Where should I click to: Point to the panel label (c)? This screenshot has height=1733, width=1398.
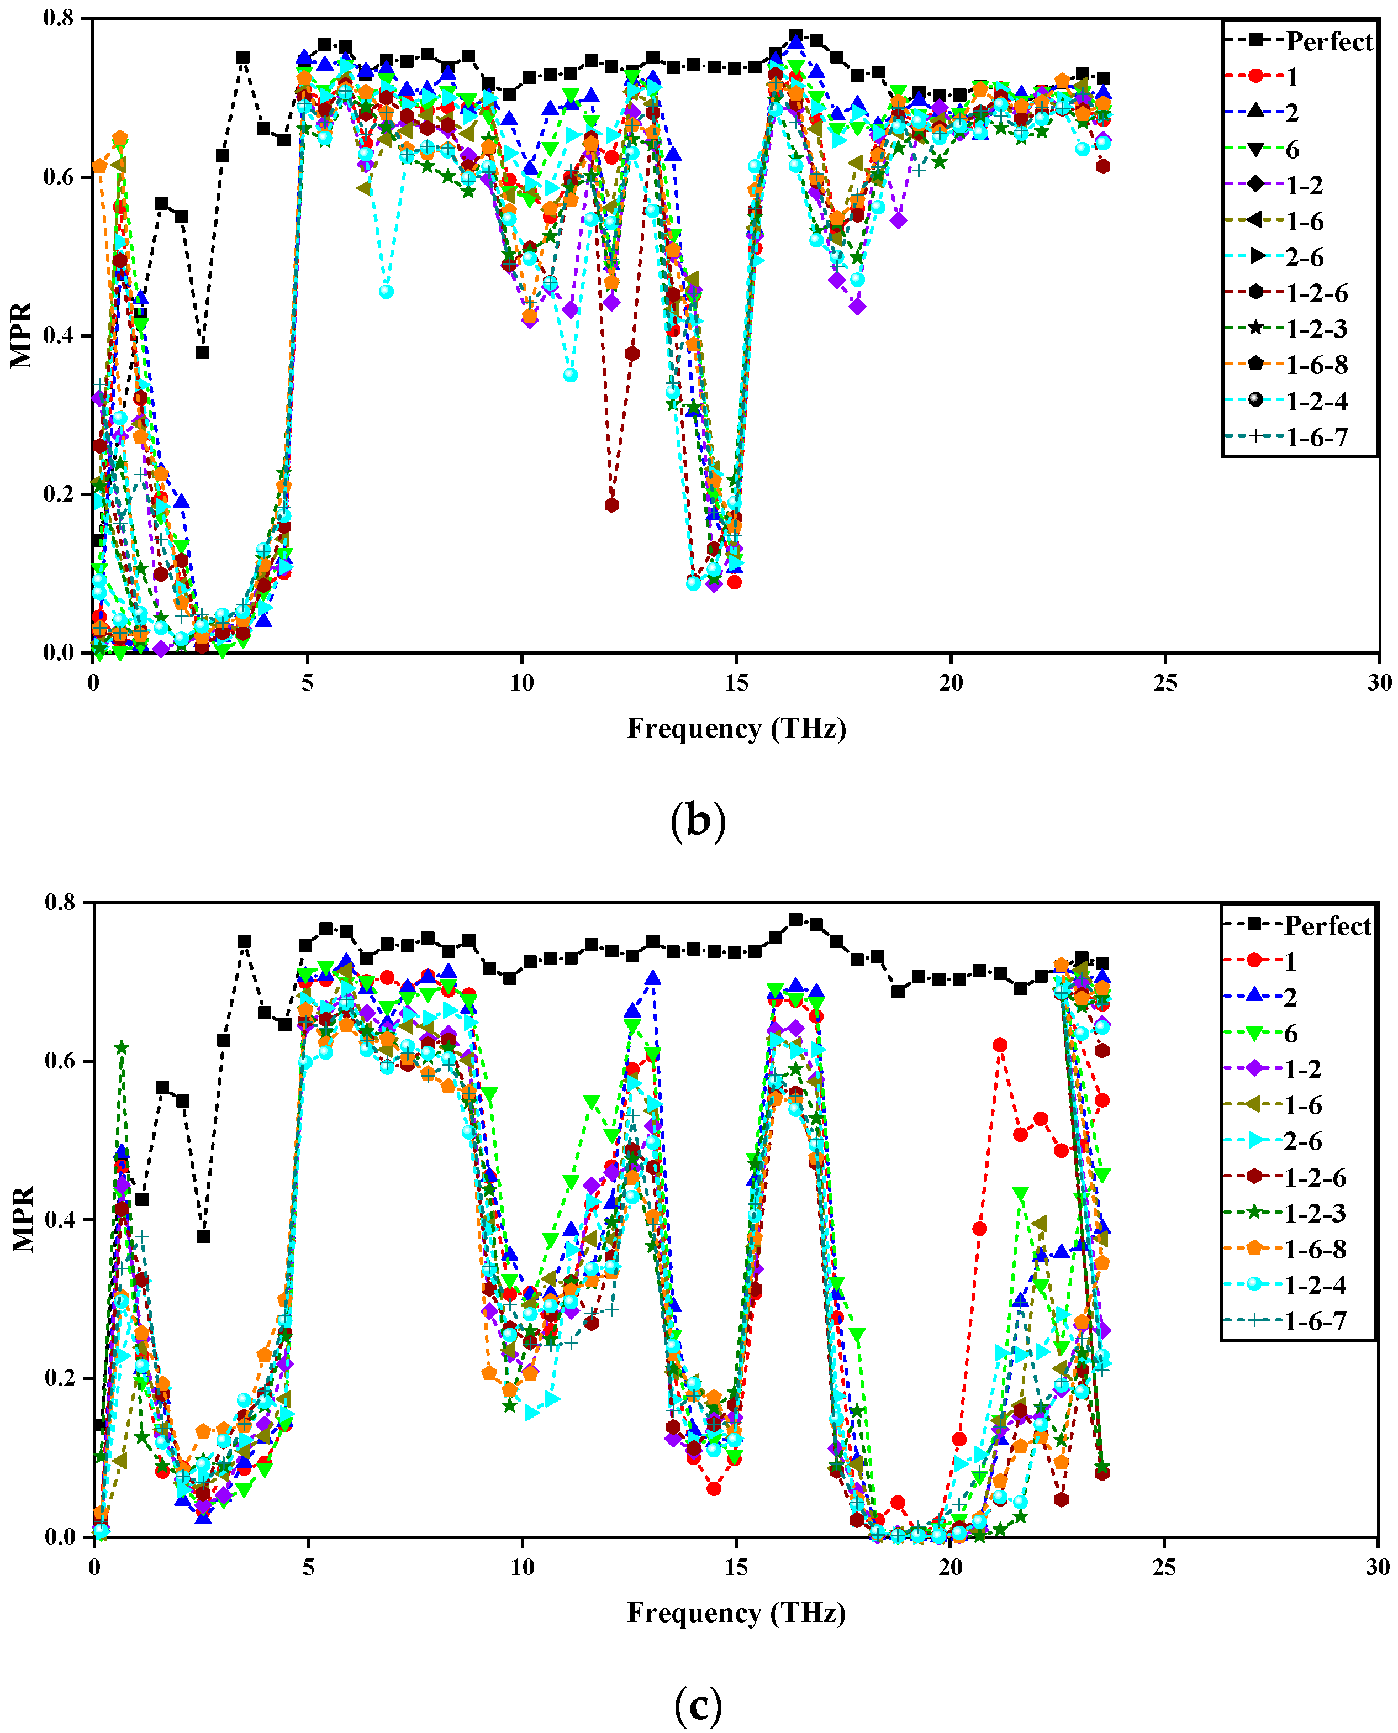pos(698,1703)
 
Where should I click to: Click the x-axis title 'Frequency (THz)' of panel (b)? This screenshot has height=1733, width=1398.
pos(736,728)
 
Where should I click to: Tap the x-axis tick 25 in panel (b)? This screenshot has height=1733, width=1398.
pos(1164,683)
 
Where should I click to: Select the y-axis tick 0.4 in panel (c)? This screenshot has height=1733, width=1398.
pos(61,1219)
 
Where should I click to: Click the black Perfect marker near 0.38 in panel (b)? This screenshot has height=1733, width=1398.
pos(202,352)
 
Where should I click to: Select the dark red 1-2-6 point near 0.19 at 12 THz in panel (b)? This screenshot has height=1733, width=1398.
pos(611,505)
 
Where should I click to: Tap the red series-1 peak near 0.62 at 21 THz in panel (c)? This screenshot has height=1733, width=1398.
pos(999,1045)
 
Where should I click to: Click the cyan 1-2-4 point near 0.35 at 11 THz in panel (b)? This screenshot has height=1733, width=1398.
pos(570,375)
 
